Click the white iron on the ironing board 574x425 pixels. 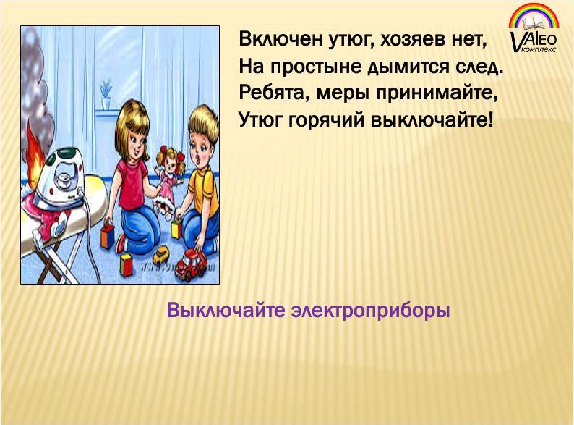coord(61,177)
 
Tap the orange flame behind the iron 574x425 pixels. coord(36,157)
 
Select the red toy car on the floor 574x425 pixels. coord(189,264)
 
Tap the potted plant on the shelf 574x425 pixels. coord(106,95)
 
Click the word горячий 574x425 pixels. coord(327,120)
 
